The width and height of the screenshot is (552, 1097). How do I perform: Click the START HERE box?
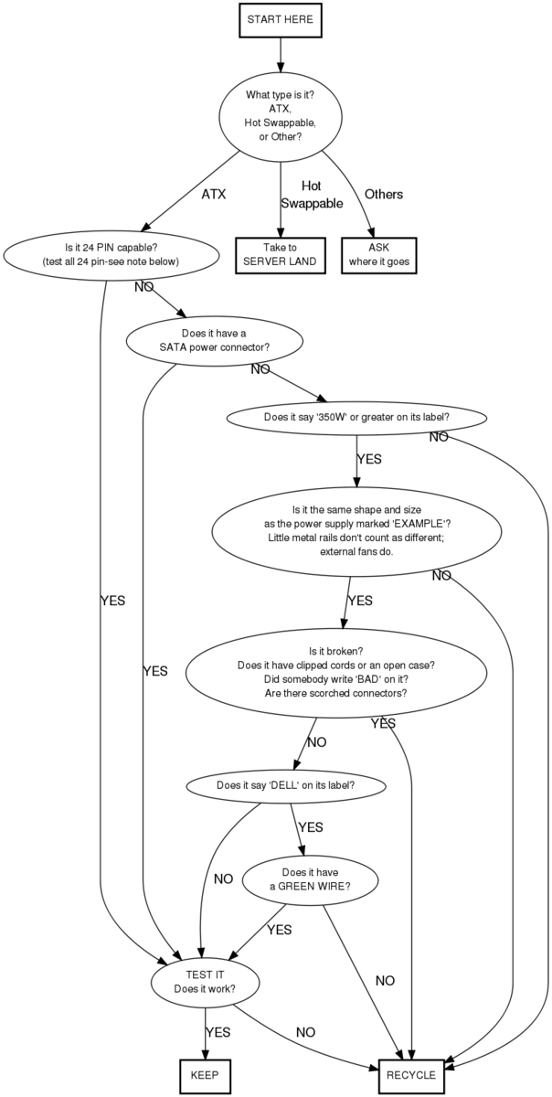click(x=280, y=19)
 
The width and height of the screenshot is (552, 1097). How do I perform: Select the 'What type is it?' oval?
click(x=280, y=115)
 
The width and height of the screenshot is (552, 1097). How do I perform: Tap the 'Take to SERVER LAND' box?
click(x=280, y=254)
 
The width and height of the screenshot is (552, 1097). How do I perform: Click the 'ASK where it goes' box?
click(x=379, y=254)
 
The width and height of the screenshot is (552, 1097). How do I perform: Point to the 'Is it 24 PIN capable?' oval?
click(x=111, y=254)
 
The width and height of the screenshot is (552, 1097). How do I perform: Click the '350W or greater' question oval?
click(x=356, y=417)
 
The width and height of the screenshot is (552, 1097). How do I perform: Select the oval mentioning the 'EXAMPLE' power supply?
click(x=356, y=530)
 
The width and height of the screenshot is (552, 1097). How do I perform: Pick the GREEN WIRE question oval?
click(x=311, y=879)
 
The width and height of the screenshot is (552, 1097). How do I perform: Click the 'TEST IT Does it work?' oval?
click(x=205, y=982)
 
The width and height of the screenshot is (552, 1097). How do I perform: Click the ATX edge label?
click(x=213, y=195)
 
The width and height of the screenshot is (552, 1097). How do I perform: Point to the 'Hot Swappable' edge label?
click(x=312, y=195)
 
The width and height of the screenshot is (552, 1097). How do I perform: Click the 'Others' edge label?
click(x=384, y=195)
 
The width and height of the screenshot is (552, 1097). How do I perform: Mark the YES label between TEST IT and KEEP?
click(x=218, y=1032)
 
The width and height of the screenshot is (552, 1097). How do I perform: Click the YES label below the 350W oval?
click(x=369, y=459)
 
